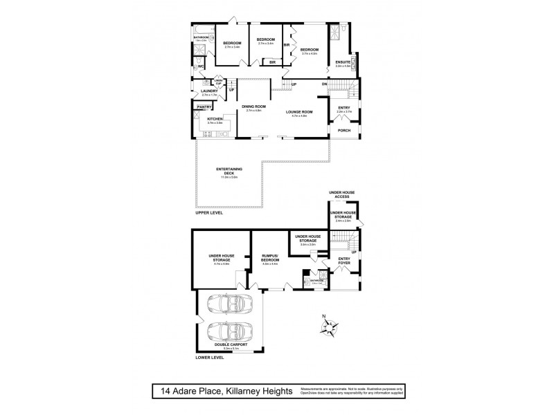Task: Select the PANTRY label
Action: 204,107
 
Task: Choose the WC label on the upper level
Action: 200,66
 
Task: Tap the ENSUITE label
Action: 341,62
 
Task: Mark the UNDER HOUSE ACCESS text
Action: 342,194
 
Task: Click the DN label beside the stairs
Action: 324,84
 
